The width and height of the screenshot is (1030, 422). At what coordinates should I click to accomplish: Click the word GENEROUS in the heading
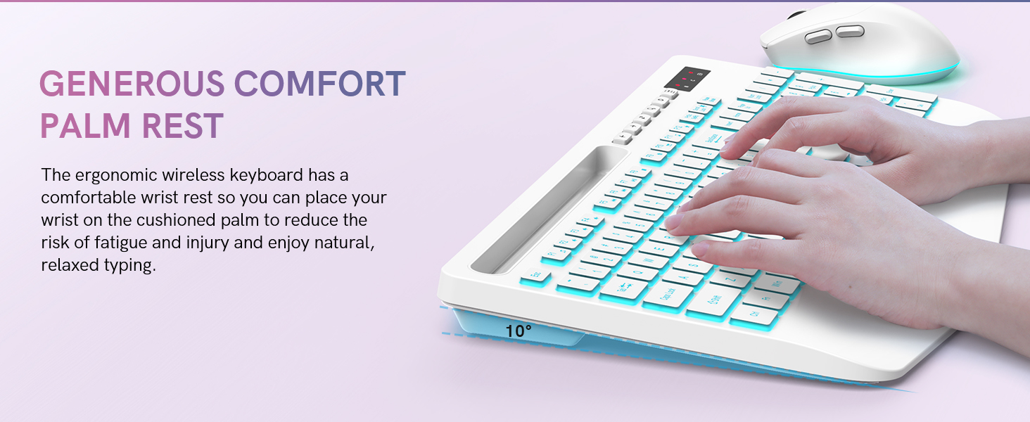coord(132,84)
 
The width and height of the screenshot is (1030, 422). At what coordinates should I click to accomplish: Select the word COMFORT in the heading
coord(320,84)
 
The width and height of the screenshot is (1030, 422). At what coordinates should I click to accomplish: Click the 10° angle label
coord(519,331)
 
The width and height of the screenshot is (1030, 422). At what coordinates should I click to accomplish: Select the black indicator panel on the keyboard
coord(687,78)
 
